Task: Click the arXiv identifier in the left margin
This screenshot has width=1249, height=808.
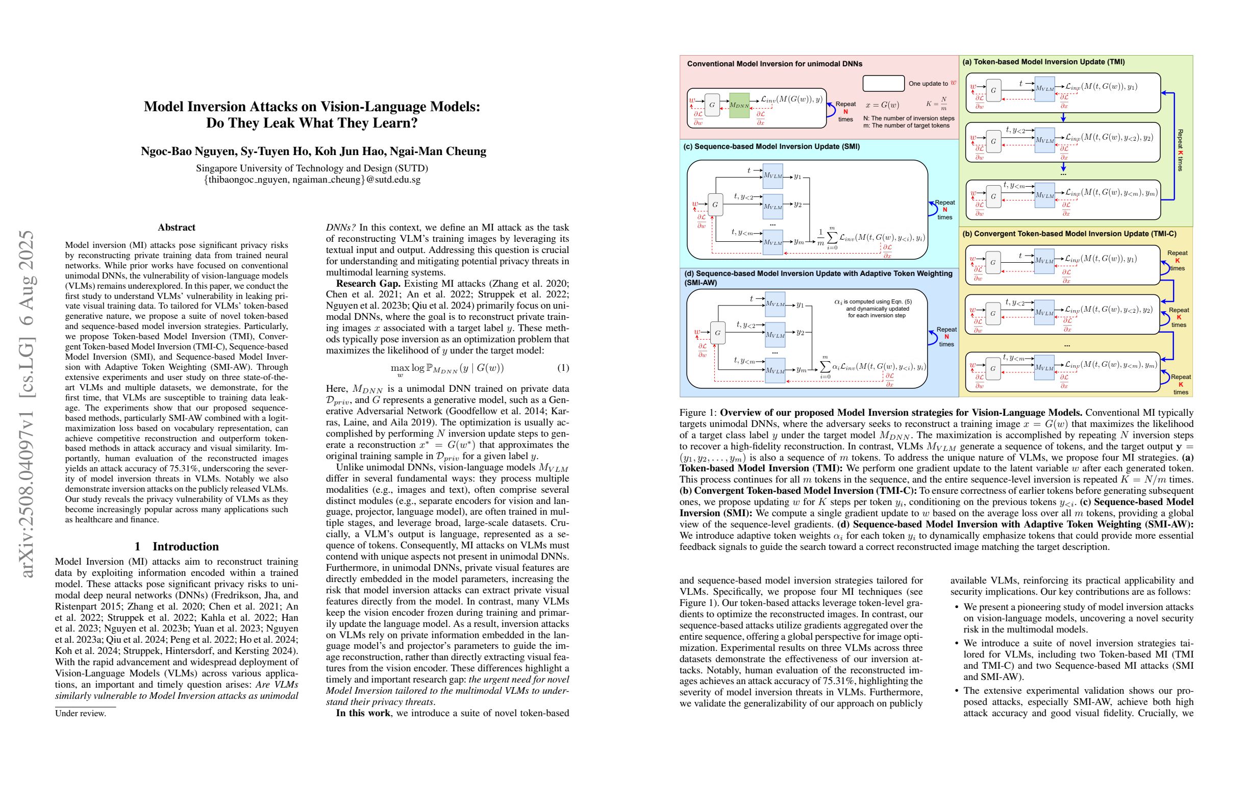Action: [x=27, y=404]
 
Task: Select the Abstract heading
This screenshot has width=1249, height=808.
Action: [x=177, y=228]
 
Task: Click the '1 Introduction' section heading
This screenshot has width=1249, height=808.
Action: [x=177, y=546]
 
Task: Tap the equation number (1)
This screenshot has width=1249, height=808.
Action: [x=563, y=368]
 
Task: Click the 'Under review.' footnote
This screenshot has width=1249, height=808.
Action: [x=80, y=714]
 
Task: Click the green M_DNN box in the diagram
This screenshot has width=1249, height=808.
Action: [x=739, y=105]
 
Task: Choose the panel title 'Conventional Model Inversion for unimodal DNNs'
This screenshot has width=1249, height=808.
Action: [x=775, y=64]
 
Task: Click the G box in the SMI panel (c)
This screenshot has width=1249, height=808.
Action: [x=715, y=205]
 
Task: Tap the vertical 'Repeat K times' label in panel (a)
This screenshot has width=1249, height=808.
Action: [x=1180, y=150]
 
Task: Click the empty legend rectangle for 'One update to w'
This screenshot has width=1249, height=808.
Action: [x=883, y=84]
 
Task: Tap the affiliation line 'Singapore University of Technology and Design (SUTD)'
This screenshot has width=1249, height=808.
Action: [x=312, y=168]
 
